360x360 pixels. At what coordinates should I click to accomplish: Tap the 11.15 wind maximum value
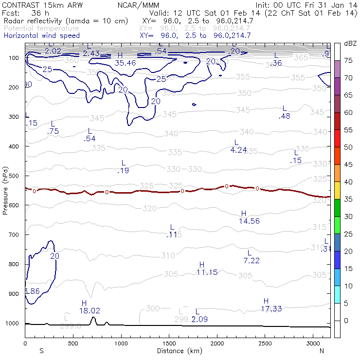[207, 272]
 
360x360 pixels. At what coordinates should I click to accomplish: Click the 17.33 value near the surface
[271, 308]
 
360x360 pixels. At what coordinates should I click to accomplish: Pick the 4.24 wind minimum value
[238, 150]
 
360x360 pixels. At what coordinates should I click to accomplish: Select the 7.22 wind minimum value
[252, 261]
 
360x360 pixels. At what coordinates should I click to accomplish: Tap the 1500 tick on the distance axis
[169, 343]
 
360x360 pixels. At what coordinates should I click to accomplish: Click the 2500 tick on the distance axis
[265, 343]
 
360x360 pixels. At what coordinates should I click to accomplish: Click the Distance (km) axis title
[178, 350]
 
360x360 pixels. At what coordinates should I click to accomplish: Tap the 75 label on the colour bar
[348, 60]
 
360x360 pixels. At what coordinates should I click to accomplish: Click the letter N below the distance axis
[322, 350]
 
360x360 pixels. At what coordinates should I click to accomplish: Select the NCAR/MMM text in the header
[139, 5]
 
